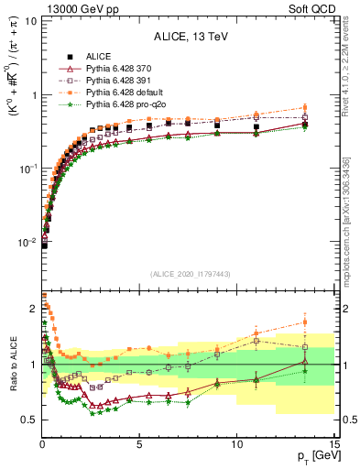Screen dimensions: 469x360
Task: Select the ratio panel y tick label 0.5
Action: coord(28,420)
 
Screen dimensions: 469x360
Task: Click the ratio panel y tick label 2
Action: coord(32,309)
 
